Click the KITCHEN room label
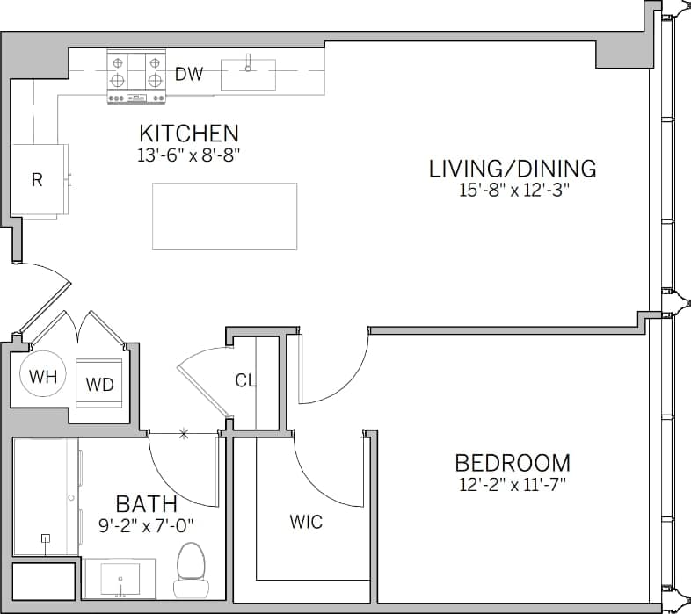189,134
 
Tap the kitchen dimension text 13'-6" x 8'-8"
189,155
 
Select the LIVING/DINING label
513,169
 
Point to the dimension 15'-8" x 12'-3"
513,191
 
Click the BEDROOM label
513,463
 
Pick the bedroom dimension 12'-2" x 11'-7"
513,484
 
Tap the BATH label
147,504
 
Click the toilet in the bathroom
190,569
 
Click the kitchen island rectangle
224,216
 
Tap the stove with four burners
137,76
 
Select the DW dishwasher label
188,75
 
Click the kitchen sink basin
248,75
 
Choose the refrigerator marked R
38,180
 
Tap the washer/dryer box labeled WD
99,384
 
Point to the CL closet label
245,380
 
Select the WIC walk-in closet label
306,523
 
